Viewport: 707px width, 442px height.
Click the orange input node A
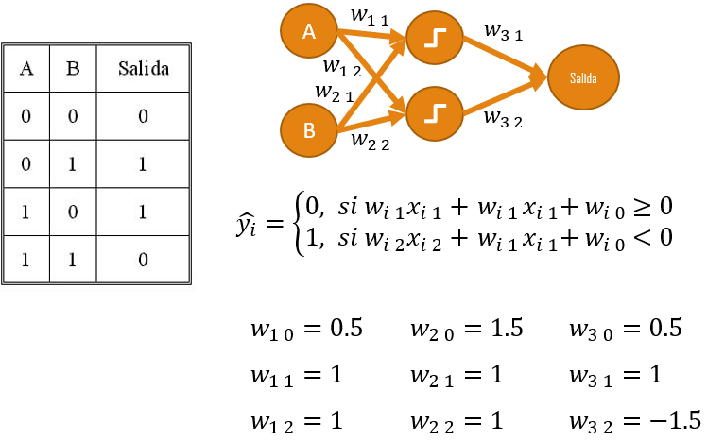[x=309, y=31]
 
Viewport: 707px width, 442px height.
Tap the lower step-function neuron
[x=434, y=112]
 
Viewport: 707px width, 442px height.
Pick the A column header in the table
[x=27, y=69]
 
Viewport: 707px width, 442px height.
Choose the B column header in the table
[x=72, y=69]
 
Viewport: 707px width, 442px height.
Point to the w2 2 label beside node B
[x=370, y=141]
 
